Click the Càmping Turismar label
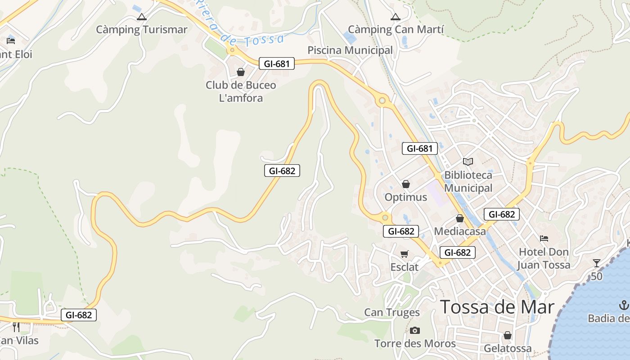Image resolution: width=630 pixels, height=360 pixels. click(x=142, y=30)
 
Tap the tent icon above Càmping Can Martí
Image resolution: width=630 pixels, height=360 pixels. click(x=396, y=17)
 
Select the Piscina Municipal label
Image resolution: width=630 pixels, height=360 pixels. click(x=350, y=50)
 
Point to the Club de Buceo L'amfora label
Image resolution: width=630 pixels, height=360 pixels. click(x=241, y=91)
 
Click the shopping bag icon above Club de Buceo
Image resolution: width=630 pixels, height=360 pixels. click(x=241, y=72)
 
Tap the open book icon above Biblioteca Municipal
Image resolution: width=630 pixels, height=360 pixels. click(x=468, y=162)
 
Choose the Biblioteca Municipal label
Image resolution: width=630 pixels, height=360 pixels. click(x=468, y=181)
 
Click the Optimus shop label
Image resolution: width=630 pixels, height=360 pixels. click(x=405, y=197)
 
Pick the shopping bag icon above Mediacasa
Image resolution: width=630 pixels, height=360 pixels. click(x=460, y=218)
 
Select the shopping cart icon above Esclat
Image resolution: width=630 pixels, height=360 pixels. click(x=404, y=254)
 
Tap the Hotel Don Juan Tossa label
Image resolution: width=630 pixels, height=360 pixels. click(x=544, y=258)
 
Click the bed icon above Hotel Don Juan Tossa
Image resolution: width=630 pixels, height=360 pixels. click(x=544, y=238)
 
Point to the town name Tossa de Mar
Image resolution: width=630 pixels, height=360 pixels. click(x=497, y=307)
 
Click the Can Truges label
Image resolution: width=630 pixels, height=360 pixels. click(x=391, y=312)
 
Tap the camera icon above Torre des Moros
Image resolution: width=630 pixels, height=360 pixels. click(x=415, y=331)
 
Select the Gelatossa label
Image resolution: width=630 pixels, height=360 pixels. click(x=508, y=348)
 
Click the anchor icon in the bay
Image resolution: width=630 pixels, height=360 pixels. click(x=624, y=305)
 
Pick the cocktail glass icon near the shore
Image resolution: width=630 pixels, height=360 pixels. click(x=597, y=263)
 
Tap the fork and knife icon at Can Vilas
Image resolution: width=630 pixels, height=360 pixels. click(x=16, y=327)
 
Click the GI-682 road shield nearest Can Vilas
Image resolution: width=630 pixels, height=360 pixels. click(x=79, y=315)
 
